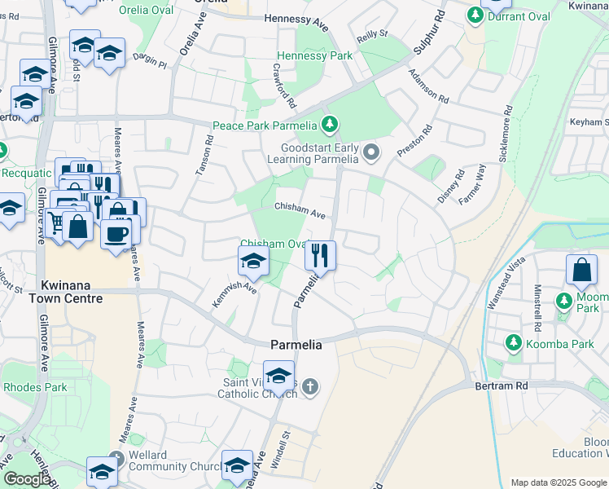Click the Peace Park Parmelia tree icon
click(x=329, y=125)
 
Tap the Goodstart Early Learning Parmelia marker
click(x=372, y=152)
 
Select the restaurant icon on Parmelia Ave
click(x=320, y=255)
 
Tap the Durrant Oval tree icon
click(x=475, y=15)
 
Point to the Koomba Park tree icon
click(x=513, y=343)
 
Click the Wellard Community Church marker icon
click(x=116, y=459)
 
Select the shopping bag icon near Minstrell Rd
click(x=583, y=271)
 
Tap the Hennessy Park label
click(x=314, y=55)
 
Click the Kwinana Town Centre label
click(x=72, y=293)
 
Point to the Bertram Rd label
click(x=502, y=384)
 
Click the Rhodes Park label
click(x=35, y=387)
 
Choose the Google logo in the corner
click(x=26, y=479)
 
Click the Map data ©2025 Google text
click(x=559, y=482)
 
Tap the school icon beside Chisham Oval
click(x=253, y=262)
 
